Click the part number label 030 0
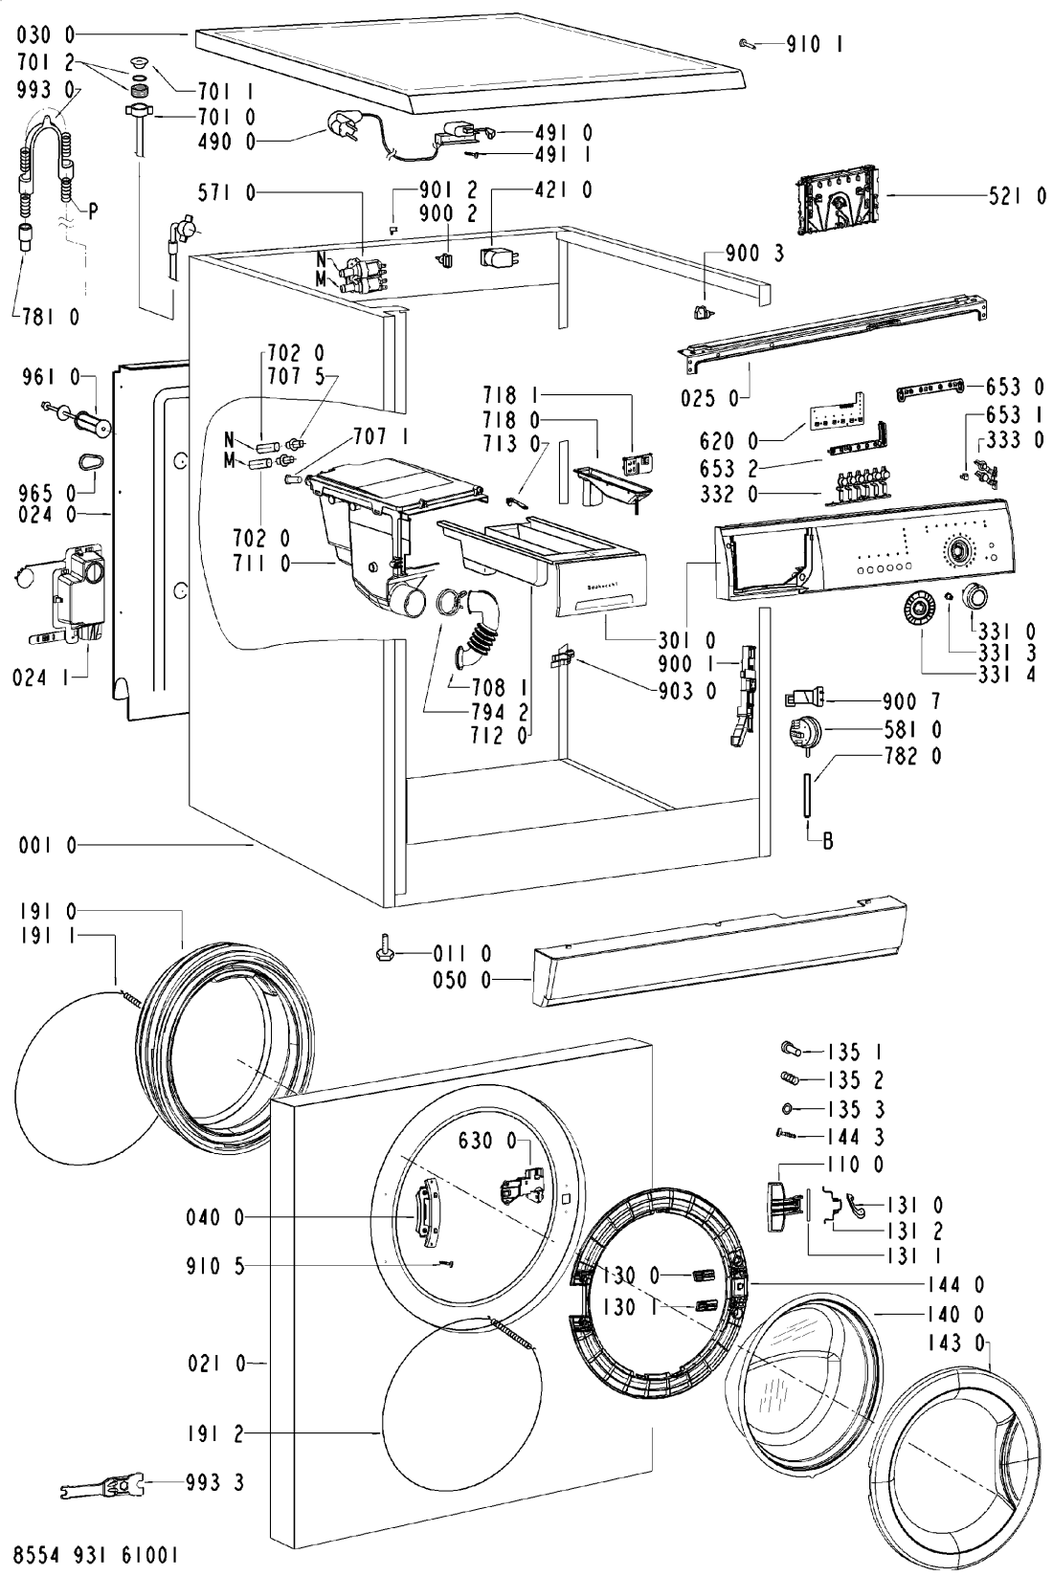(47, 35)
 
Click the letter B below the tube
(828, 842)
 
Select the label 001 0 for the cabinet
(47, 845)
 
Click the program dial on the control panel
(956, 550)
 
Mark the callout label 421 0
(563, 190)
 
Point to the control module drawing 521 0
(837, 199)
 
